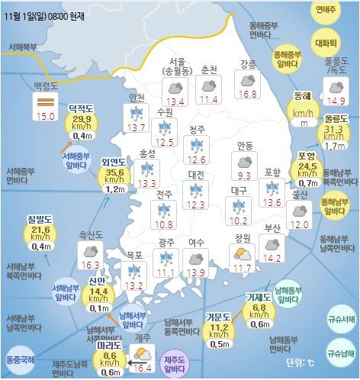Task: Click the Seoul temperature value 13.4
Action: (x=176, y=101)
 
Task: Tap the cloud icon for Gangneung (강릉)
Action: (x=248, y=79)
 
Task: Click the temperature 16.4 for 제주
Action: (x=142, y=368)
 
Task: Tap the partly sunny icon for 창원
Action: (x=243, y=253)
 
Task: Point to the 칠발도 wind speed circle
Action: (x=41, y=230)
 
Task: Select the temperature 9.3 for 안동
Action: (x=245, y=176)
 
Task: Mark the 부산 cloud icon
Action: (x=270, y=243)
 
